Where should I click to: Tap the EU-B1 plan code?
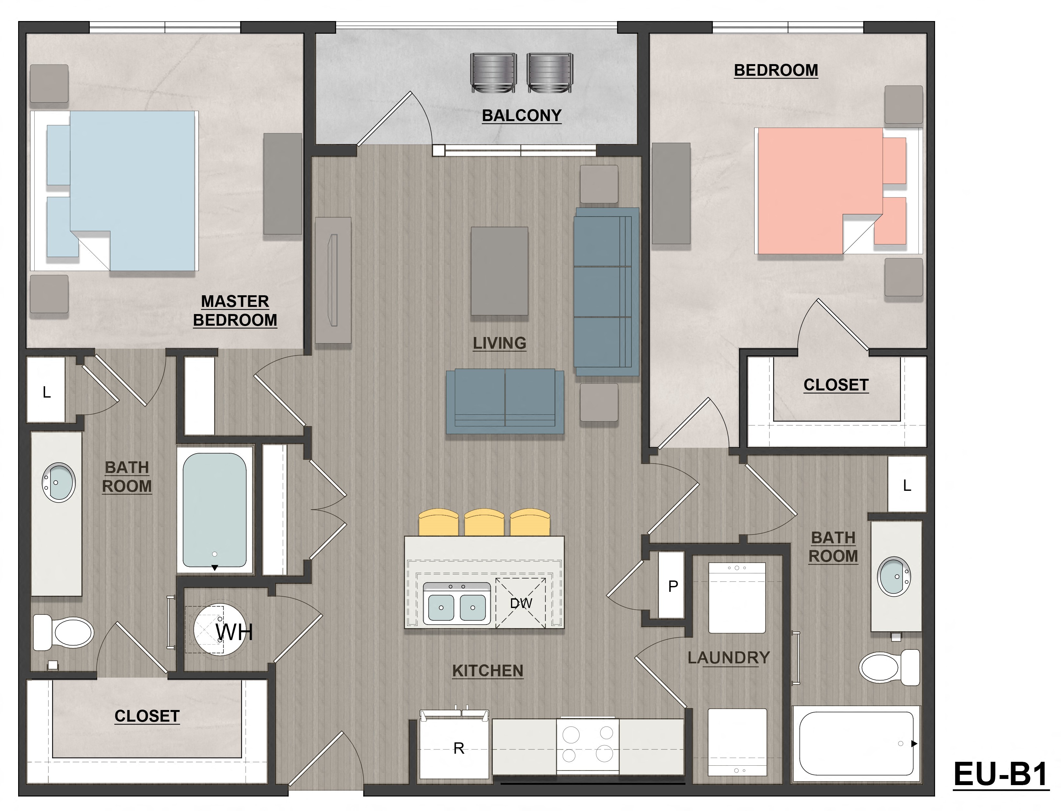tap(1000, 774)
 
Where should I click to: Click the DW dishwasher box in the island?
tap(521, 603)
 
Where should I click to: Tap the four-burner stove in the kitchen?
tap(587, 744)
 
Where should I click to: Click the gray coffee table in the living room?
tap(499, 271)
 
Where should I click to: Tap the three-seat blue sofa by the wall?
tap(606, 292)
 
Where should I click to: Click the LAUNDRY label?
tap(728, 658)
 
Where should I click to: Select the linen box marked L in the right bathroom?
tap(907, 485)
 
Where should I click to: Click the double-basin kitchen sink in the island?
tap(456, 604)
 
